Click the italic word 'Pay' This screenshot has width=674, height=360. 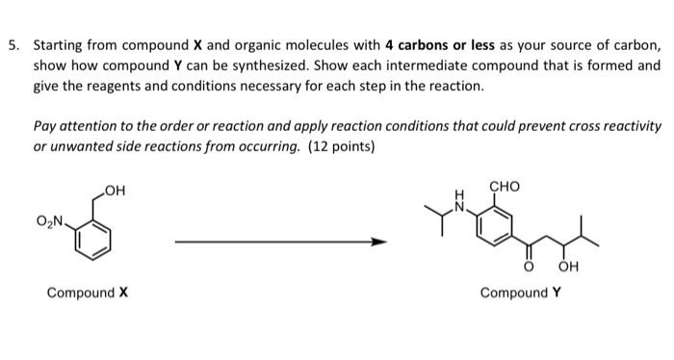tap(44, 127)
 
